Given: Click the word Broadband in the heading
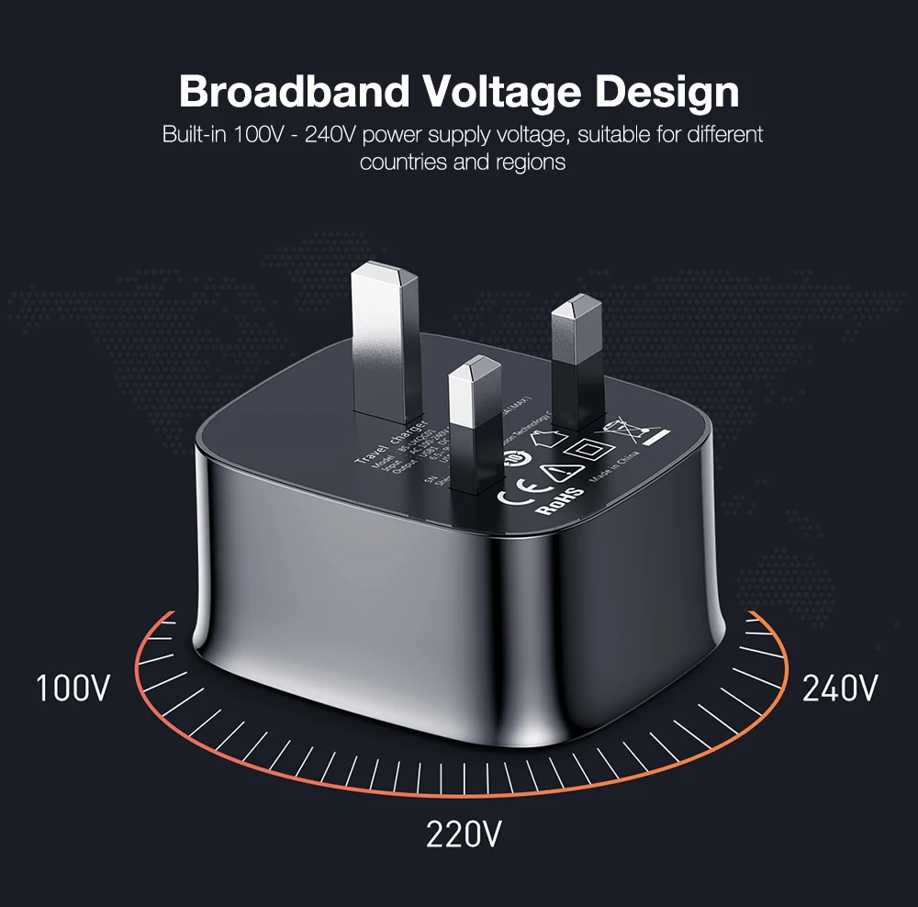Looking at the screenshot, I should [x=294, y=92].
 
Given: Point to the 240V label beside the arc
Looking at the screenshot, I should [x=840, y=688].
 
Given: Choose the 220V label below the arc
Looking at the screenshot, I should [x=464, y=834].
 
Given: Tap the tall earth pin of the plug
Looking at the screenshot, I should [x=385, y=335].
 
